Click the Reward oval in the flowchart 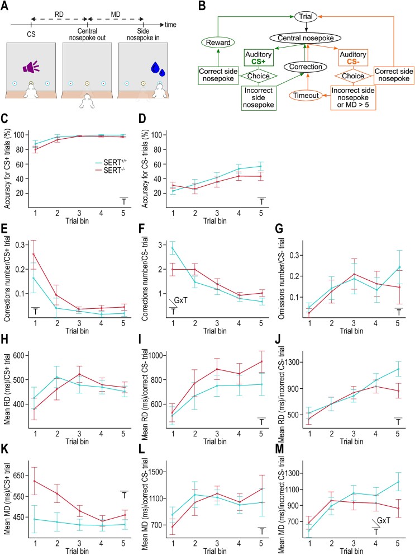(218, 43)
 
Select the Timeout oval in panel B (306, 95)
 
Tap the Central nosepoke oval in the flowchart (306, 38)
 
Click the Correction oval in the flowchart (306, 67)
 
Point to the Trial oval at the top (306, 17)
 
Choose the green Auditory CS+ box (259, 58)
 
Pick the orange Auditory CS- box (353, 58)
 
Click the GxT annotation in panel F (180, 300)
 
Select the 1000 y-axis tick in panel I (159, 355)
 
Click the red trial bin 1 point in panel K (35, 481)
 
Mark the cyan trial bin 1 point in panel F (173, 248)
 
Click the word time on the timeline (170, 25)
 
